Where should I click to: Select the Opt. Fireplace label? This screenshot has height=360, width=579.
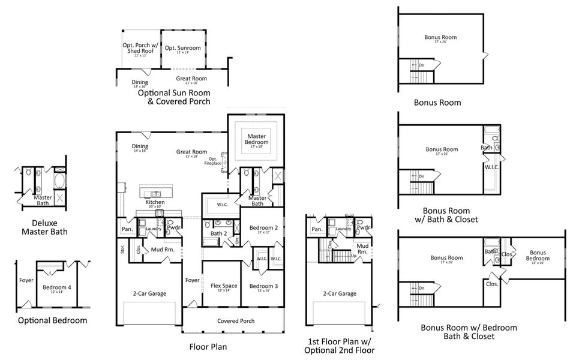213,161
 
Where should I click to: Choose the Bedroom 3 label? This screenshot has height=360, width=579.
260,287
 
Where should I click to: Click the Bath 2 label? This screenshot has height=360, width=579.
218,233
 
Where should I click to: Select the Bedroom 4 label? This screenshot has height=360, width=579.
57,288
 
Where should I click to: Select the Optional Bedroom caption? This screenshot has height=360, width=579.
52,320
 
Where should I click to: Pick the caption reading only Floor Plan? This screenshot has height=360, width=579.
208,346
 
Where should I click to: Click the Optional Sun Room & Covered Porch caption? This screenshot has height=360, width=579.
174,97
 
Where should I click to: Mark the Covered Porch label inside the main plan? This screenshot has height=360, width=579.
235,321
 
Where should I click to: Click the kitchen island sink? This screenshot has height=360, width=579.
155,193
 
